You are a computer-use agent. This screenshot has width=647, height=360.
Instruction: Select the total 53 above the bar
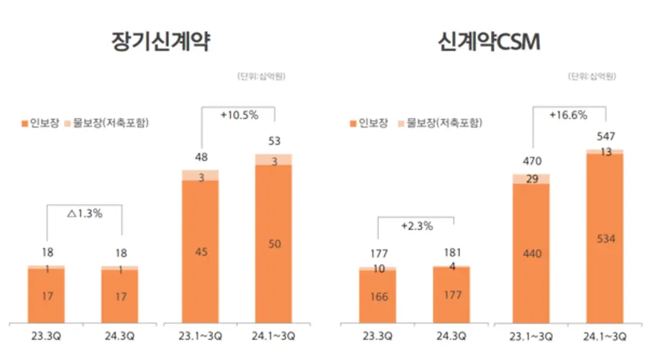click(x=273, y=139)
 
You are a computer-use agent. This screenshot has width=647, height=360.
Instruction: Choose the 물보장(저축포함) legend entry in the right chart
click(x=439, y=122)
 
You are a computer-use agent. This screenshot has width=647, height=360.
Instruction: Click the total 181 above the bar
click(x=451, y=252)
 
